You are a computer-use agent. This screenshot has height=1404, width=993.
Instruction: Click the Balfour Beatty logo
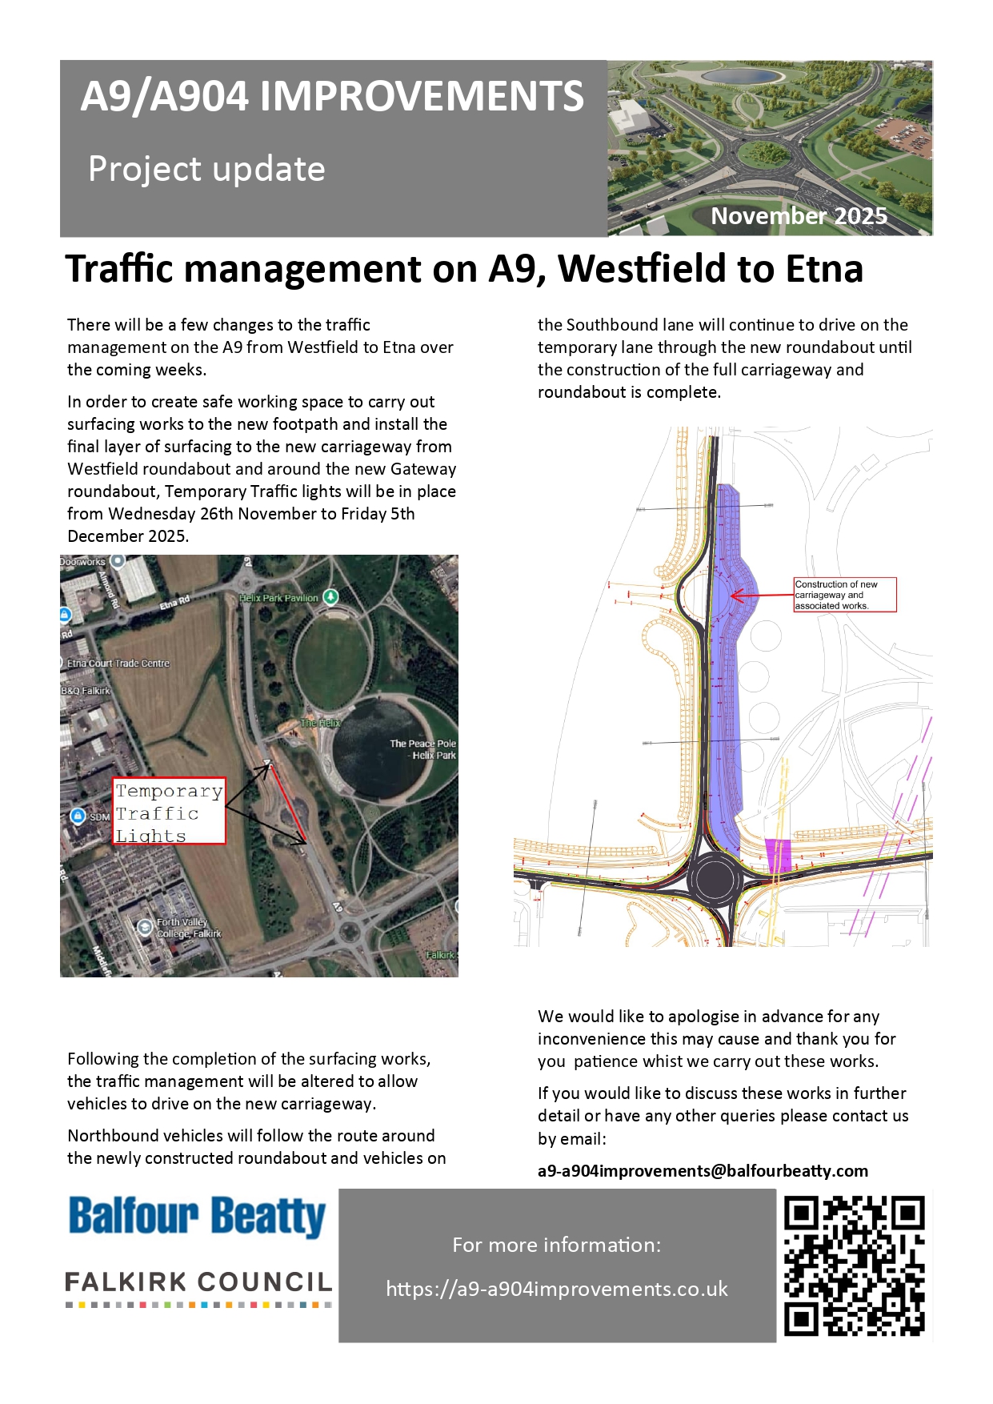pos(197,1217)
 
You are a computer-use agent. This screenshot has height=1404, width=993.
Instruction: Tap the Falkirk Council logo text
pos(198,1282)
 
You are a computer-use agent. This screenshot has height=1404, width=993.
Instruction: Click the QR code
pos(854,1266)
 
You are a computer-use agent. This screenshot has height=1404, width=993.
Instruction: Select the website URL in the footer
pos(557,1289)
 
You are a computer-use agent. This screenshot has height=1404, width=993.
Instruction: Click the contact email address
pos(703,1170)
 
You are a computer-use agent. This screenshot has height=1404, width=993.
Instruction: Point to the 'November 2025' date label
pos(799,216)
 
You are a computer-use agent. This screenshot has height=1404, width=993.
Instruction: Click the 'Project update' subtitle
pos(206,169)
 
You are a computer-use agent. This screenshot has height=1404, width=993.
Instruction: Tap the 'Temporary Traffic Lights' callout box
pos(169,812)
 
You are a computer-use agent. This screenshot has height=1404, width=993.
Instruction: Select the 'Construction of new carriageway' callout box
pos(844,595)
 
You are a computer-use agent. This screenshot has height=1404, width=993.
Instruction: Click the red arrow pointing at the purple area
pos(760,596)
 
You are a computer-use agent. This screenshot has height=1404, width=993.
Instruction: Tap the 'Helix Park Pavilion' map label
pos(279,598)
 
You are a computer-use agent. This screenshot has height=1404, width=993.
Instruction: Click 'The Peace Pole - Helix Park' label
pos(422,749)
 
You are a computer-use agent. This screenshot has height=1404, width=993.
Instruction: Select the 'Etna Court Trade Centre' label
pos(118,664)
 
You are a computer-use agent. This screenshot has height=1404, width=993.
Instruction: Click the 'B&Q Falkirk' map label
pos(86,691)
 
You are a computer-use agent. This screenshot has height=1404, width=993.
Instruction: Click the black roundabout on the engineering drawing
pos(715,878)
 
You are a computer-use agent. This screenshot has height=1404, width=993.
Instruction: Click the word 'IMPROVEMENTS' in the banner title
pos(422,97)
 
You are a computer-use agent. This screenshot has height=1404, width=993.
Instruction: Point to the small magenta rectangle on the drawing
pos(778,855)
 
